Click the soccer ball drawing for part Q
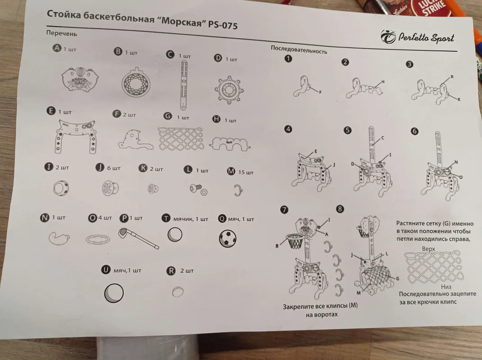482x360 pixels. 228,238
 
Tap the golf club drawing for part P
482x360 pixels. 138,238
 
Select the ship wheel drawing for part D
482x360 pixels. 229,90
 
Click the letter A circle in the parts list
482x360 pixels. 57,48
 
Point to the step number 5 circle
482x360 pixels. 347,130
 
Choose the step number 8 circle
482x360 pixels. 340,209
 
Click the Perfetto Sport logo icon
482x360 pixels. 388,37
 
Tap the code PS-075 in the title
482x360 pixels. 223,25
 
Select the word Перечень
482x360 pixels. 61,33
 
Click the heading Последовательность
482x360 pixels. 299,50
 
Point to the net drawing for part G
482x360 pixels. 181,139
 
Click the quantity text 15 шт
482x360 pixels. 246,172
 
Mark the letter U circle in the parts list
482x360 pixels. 106,270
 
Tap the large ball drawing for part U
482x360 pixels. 114,293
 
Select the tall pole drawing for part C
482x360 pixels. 184,85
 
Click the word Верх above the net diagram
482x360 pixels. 428,249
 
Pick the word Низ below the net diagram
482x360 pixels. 446,287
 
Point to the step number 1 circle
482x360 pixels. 288,58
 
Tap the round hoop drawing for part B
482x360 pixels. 136,83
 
